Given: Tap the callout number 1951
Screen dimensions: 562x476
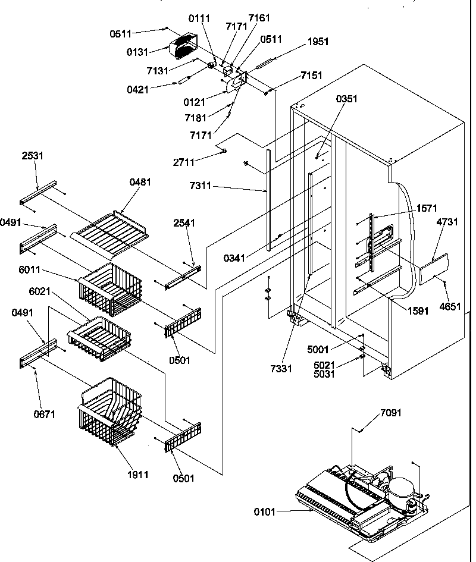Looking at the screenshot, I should click(x=318, y=42).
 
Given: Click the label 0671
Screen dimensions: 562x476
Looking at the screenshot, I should click(x=44, y=414).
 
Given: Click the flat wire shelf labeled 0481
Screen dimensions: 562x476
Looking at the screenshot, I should click(x=113, y=234).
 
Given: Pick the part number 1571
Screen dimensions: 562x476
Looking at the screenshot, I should click(x=427, y=208).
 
